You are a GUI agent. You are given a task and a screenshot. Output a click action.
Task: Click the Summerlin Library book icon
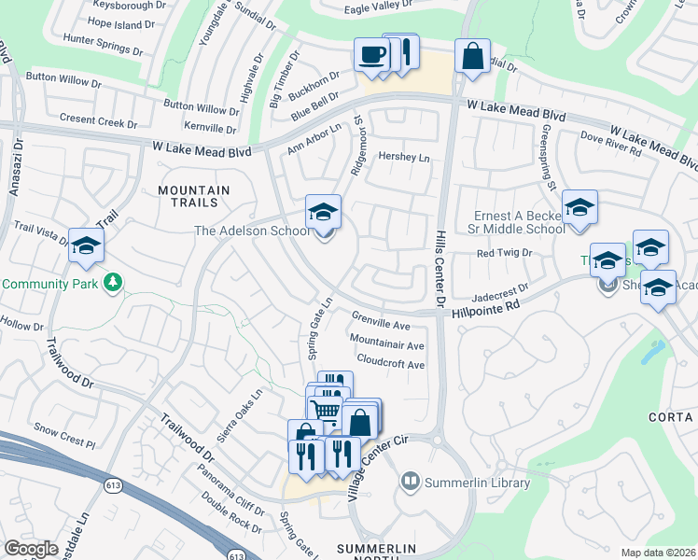coord(410,483)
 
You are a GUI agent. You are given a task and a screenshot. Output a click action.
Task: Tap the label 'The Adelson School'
coord(249,231)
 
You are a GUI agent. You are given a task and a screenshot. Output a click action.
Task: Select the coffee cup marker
coord(371,54)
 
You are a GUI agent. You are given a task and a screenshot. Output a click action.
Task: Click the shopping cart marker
coord(325,409)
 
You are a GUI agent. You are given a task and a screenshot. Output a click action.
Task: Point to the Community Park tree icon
coord(113,282)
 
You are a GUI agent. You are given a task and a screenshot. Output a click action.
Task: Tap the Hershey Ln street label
coord(403,158)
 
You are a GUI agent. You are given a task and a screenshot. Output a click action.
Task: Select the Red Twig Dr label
coord(503,253)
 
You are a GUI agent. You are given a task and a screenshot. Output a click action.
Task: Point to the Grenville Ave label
coord(381,326)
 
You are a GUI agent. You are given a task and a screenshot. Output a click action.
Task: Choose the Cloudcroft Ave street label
coord(390,365)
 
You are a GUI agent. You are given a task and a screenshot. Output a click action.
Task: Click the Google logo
coord(31,549)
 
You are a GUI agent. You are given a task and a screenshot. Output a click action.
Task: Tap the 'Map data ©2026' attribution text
coord(658,553)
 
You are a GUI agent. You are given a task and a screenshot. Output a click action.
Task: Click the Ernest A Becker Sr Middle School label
coord(517,224)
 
